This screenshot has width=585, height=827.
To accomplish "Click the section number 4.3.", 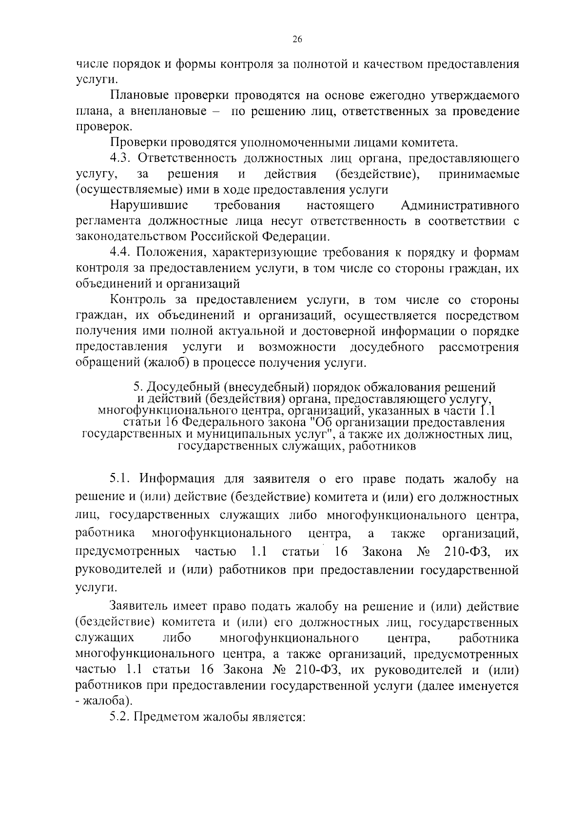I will click(122, 158).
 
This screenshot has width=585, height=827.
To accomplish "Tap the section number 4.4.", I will click(122, 253).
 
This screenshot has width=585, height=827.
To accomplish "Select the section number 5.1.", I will click(121, 479).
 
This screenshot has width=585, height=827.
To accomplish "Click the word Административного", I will click(460, 205).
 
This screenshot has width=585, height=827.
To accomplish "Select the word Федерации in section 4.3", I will click(296, 237).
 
